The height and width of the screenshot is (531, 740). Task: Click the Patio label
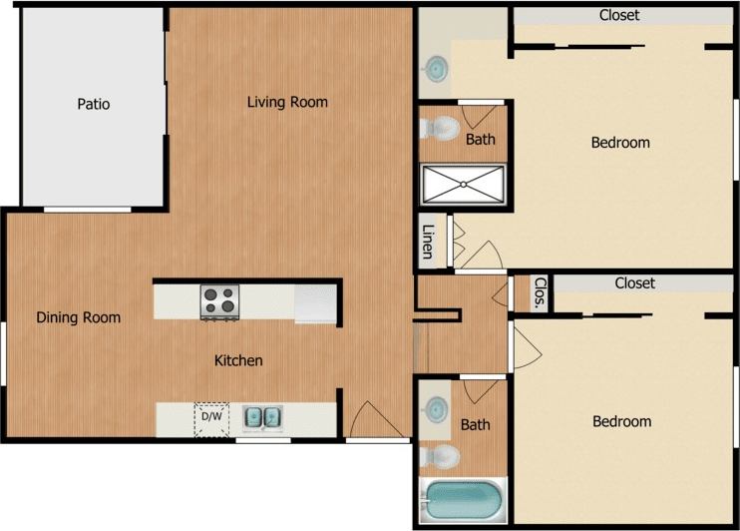[x=93, y=104]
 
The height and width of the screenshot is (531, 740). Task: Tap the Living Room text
[x=287, y=102]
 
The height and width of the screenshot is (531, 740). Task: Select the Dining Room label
[x=79, y=317]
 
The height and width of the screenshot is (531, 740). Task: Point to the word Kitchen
[x=239, y=359]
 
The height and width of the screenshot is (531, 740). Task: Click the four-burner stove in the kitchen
[x=220, y=301]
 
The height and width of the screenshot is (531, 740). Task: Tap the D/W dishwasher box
[x=210, y=419]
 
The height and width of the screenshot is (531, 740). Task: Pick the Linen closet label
[x=428, y=243]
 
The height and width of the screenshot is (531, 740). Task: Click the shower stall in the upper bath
[x=465, y=185]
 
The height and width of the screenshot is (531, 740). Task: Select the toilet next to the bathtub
[x=440, y=457]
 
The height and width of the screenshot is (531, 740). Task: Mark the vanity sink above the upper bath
[x=436, y=69]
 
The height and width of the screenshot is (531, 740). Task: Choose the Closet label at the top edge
[x=618, y=15]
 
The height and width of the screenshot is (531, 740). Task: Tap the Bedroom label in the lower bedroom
[x=621, y=421]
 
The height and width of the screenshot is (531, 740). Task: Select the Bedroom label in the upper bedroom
[x=620, y=142]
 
